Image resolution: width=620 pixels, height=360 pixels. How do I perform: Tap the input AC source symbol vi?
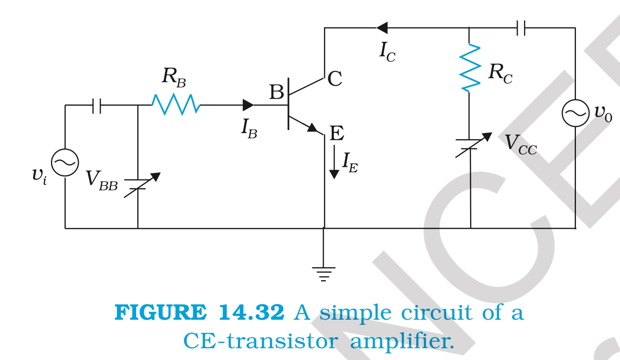point(65,162)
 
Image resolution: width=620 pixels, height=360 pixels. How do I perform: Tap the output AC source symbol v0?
point(575,113)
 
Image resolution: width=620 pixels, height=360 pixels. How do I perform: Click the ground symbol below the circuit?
point(324,273)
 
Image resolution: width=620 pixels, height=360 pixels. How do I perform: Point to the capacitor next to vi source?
point(97,105)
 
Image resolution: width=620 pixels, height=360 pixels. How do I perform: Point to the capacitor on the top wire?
point(521,28)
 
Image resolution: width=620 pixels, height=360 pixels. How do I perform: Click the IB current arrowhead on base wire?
point(248,105)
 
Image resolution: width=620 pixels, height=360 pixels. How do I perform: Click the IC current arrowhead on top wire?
point(382,28)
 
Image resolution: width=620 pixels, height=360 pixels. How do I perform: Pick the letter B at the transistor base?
point(277,92)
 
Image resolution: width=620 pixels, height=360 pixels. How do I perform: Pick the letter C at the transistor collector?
point(335,79)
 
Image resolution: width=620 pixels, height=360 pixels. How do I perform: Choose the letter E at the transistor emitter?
point(337,133)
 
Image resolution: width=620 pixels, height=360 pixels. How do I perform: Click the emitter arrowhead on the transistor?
point(313,128)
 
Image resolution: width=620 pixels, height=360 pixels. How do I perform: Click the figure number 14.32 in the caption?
point(251,312)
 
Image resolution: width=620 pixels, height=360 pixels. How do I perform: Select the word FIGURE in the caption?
point(160,312)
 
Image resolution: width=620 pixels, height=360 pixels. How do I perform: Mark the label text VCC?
point(520,145)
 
